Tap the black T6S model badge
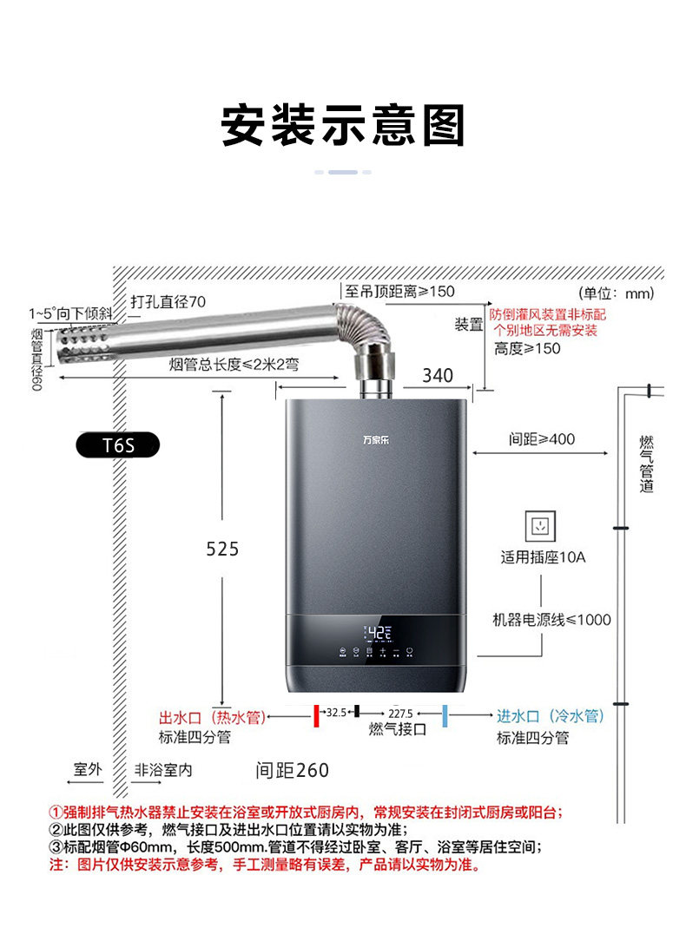[x=117, y=445]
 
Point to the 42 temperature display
[x=379, y=632]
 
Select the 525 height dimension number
[x=222, y=549]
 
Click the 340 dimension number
[x=437, y=375]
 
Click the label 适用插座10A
[x=543, y=556]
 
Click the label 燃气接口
[x=398, y=729]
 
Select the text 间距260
[x=292, y=770]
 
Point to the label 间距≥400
[x=542, y=439]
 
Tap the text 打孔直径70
[x=168, y=302]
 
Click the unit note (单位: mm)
[x=616, y=293]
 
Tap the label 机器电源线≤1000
[x=551, y=620]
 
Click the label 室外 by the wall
[x=88, y=769]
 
